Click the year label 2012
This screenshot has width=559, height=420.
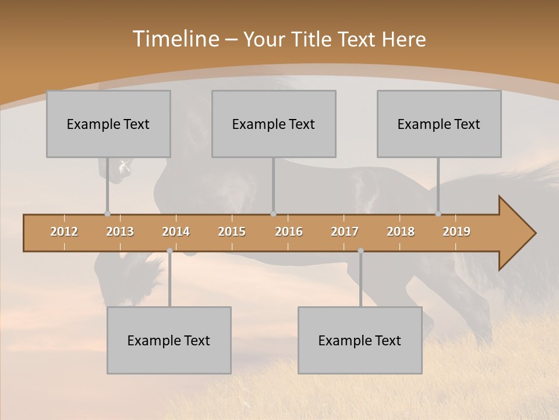click(64, 232)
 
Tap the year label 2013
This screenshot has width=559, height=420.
click(120, 232)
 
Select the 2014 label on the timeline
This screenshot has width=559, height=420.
click(176, 232)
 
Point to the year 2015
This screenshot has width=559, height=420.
click(232, 232)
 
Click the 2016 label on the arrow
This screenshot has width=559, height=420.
click(289, 232)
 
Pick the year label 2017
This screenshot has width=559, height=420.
click(345, 232)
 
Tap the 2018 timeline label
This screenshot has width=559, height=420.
click(401, 232)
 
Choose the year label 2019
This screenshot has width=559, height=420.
click(457, 232)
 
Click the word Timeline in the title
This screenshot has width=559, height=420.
click(175, 39)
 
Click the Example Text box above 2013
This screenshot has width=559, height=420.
click(108, 124)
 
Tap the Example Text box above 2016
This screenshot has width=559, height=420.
click(274, 124)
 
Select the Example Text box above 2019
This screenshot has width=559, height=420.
click(439, 124)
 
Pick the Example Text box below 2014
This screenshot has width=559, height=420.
click(169, 340)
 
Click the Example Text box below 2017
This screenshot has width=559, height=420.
click(360, 340)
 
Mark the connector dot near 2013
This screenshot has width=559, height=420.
click(107, 213)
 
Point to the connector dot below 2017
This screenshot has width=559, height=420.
click(360, 251)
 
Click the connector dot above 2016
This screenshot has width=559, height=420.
click(273, 213)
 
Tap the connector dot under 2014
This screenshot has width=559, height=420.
click(169, 251)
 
